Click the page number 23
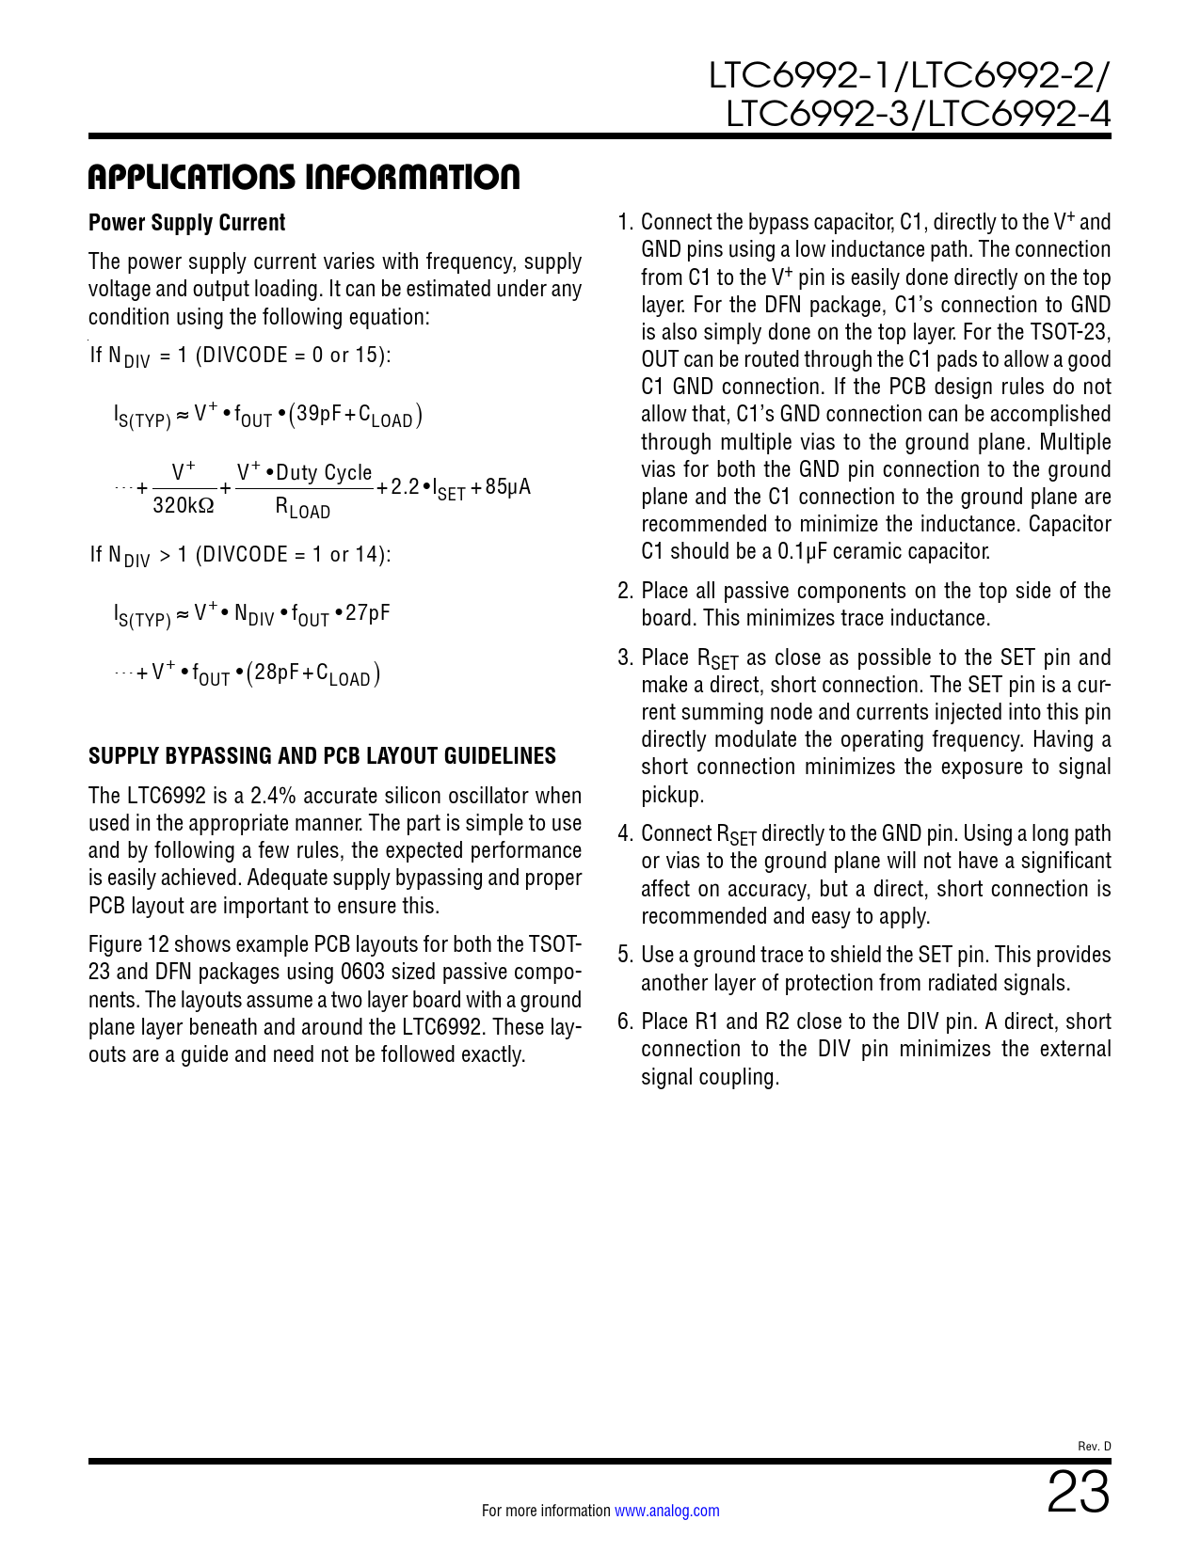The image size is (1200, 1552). (x=1079, y=1493)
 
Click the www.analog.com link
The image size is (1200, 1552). (x=666, y=1512)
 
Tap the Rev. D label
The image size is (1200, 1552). (x=1094, y=1447)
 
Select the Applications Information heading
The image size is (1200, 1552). (x=303, y=177)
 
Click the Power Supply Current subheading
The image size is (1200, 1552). (x=186, y=223)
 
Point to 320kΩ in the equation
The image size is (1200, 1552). (x=184, y=506)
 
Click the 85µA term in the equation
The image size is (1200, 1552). (x=508, y=487)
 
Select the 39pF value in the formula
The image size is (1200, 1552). (x=319, y=414)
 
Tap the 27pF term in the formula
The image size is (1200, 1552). (x=368, y=614)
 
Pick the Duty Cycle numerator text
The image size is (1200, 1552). (x=324, y=473)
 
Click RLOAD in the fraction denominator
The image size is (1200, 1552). (x=302, y=509)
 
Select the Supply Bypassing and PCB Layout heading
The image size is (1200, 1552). (x=322, y=756)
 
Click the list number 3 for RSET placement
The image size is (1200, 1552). (x=625, y=657)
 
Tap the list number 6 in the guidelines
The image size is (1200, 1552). (x=625, y=1021)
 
